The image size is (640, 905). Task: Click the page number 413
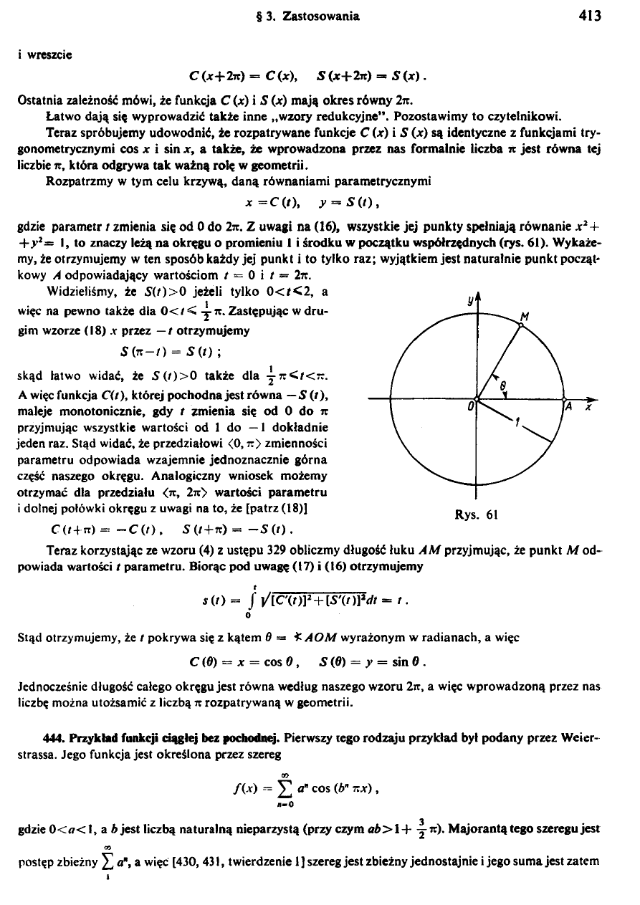(x=592, y=15)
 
